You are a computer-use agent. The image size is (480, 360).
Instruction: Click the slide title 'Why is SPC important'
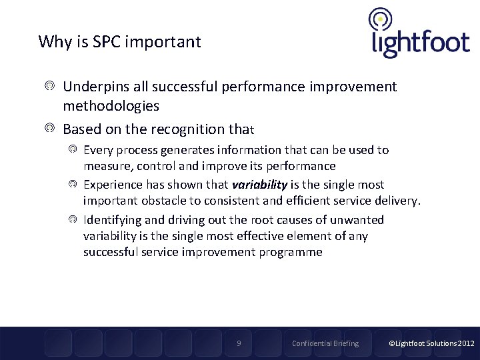coord(119,42)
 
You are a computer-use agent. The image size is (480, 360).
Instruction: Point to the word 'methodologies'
coord(111,106)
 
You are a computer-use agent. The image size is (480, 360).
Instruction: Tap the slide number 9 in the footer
coord(239,343)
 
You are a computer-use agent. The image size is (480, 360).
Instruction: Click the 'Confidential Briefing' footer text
coord(325,343)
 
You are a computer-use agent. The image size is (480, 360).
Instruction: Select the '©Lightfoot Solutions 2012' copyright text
coord(432,343)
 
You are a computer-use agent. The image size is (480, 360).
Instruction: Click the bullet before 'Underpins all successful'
coord(50,87)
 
